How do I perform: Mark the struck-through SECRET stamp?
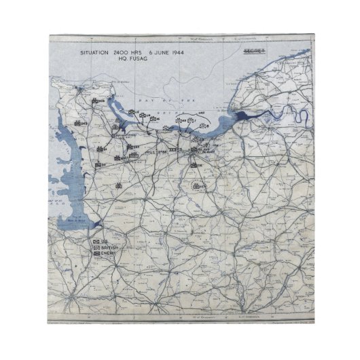pos(254,52)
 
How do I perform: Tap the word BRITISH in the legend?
pos(110,249)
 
